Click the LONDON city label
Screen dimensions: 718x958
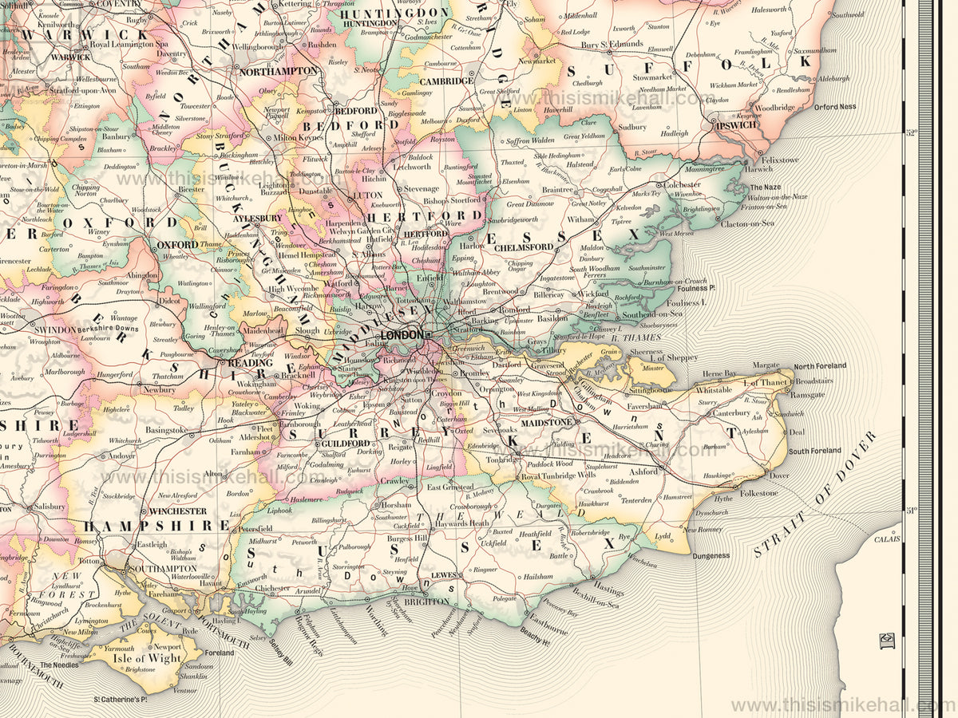[402, 335]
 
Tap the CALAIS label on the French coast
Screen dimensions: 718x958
[886, 539]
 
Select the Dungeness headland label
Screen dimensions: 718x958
[711, 555]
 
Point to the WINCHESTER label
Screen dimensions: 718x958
[178, 511]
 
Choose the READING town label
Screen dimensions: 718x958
[250, 362]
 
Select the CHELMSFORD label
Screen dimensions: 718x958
[523, 247]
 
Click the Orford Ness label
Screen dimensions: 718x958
[835, 107]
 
